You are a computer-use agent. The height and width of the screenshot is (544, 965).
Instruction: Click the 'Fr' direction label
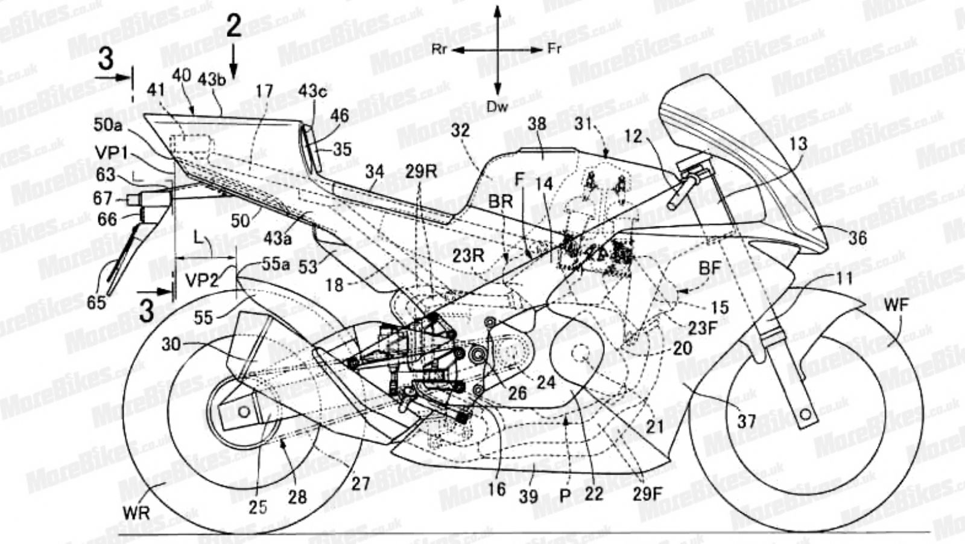[x=554, y=49]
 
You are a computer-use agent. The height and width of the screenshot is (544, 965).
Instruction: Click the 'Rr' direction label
[x=440, y=50]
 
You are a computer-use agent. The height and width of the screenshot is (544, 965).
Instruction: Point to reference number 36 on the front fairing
[x=856, y=238]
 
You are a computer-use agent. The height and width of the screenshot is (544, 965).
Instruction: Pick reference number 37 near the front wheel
[x=746, y=421]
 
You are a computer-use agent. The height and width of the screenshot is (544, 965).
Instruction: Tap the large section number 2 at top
[x=234, y=27]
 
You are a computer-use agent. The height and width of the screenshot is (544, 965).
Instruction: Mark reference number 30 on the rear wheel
[x=172, y=344]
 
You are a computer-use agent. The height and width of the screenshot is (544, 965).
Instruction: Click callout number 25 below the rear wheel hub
[x=258, y=506]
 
